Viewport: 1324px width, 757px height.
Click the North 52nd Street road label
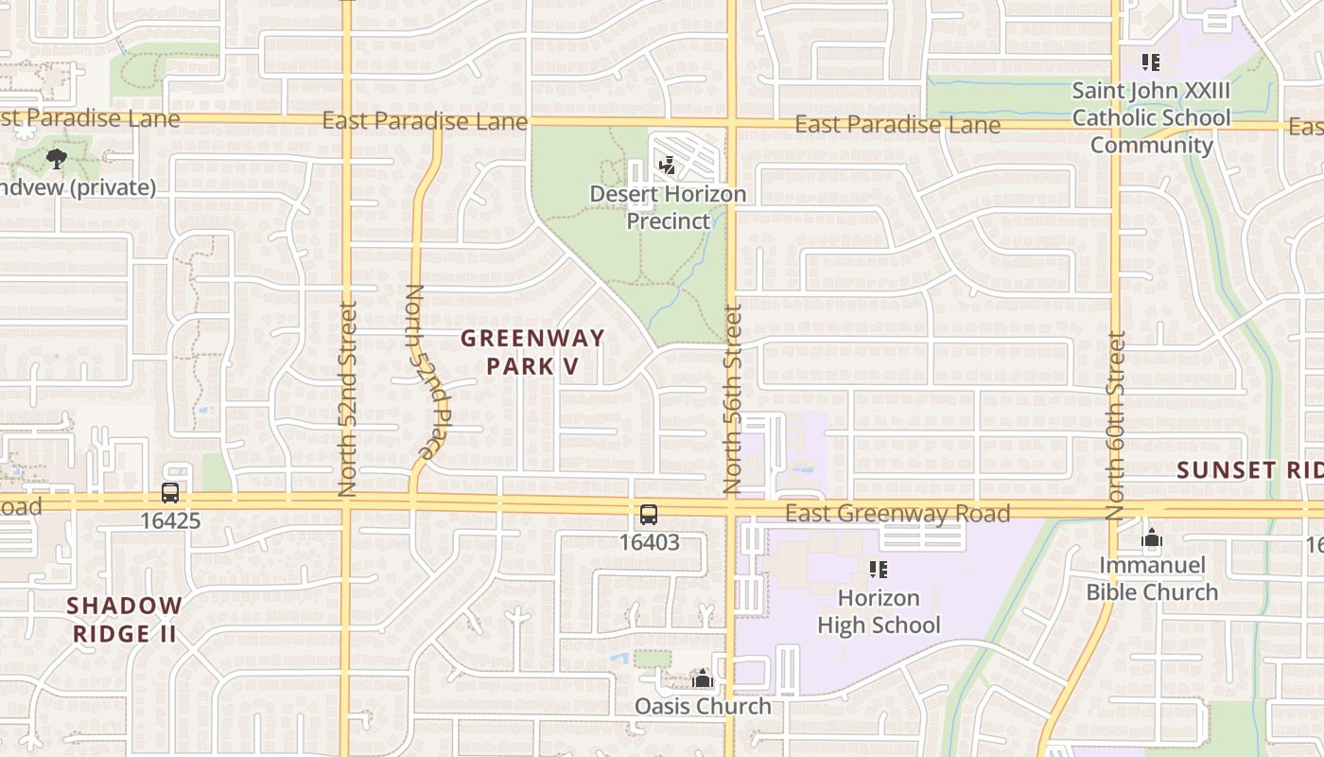tap(347, 398)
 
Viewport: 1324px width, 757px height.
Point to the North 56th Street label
tap(733, 398)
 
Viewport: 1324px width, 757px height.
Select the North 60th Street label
tap(1117, 425)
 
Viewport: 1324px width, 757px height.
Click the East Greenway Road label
tap(897, 513)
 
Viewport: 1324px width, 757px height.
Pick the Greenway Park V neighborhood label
tap(532, 351)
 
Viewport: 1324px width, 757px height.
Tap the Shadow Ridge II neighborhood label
tap(125, 619)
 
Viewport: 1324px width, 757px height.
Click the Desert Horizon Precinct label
tap(668, 207)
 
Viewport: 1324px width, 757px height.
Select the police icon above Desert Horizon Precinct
tap(668, 166)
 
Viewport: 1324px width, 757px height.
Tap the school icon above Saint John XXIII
tap(1151, 63)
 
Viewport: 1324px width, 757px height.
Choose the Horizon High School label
tap(879, 611)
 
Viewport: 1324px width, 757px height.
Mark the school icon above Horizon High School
tap(879, 570)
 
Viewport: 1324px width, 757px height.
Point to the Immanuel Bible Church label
tap(1151, 578)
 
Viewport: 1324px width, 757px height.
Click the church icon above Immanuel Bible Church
tap(1151, 538)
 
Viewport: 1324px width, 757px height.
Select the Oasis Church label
tap(702, 706)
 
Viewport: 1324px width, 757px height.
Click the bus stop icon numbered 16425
tap(170, 493)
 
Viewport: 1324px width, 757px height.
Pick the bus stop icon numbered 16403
tap(649, 515)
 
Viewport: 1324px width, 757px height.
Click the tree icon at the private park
tap(57, 158)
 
